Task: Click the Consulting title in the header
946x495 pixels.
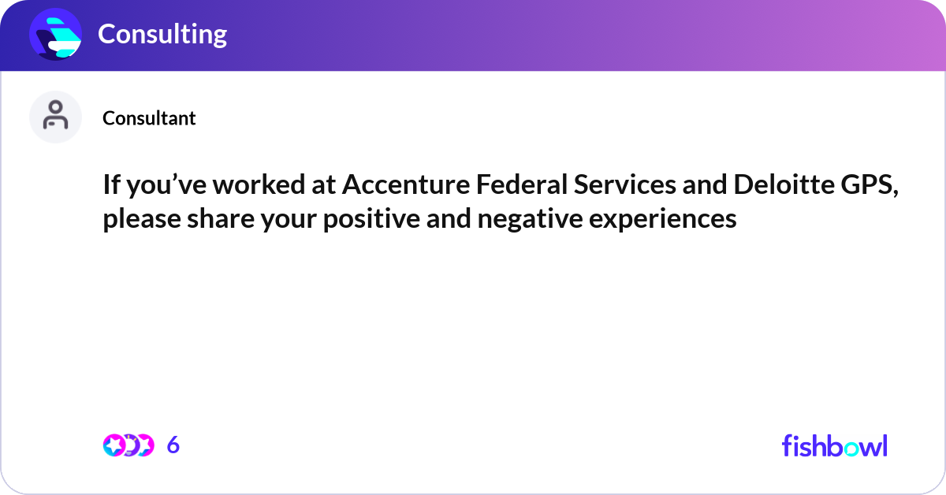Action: click(162, 34)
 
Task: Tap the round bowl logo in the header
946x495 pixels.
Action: click(56, 34)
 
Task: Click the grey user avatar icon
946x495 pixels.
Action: click(55, 117)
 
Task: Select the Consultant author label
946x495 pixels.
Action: click(149, 118)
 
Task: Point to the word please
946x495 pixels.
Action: click(138, 218)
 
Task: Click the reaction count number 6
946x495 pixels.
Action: click(173, 445)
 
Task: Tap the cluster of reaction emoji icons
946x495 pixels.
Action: click(128, 445)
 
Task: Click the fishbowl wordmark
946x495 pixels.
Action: click(834, 445)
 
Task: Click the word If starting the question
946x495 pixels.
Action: click(111, 185)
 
